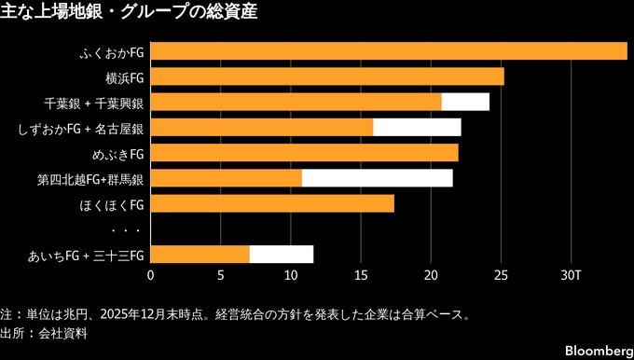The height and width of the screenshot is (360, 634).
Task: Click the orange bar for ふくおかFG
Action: tap(389, 51)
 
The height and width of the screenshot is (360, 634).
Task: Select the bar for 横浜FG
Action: tap(327, 76)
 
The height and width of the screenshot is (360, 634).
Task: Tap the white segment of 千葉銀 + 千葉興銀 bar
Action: tap(465, 102)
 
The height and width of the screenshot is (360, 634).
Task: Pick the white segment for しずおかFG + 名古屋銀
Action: tap(417, 128)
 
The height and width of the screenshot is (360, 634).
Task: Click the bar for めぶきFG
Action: tap(305, 153)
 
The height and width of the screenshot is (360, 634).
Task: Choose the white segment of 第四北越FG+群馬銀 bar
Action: tap(378, 178)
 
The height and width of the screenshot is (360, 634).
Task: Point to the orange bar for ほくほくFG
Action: tap(272, 203)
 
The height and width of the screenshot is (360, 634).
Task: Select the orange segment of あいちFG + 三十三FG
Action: tap(200, 255)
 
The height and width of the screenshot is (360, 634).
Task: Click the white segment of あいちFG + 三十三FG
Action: tap(282, 255)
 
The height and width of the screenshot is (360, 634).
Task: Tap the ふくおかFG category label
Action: tap(112, 52)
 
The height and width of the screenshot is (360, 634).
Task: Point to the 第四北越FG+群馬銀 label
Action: tap(90, 179)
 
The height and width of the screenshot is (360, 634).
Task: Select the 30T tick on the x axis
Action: tap(571, 276)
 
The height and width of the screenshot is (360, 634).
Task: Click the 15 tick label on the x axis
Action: tap(361, 276)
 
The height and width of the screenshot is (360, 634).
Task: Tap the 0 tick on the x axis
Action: tap(150, 276)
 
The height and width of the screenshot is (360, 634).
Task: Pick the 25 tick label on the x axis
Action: tap(501, 276)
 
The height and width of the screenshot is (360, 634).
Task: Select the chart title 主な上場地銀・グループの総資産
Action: tap(129, 11)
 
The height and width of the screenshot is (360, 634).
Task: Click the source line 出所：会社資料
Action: tap(44, 334)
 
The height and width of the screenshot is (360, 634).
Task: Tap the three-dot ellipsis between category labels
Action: tap(126, 230)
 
